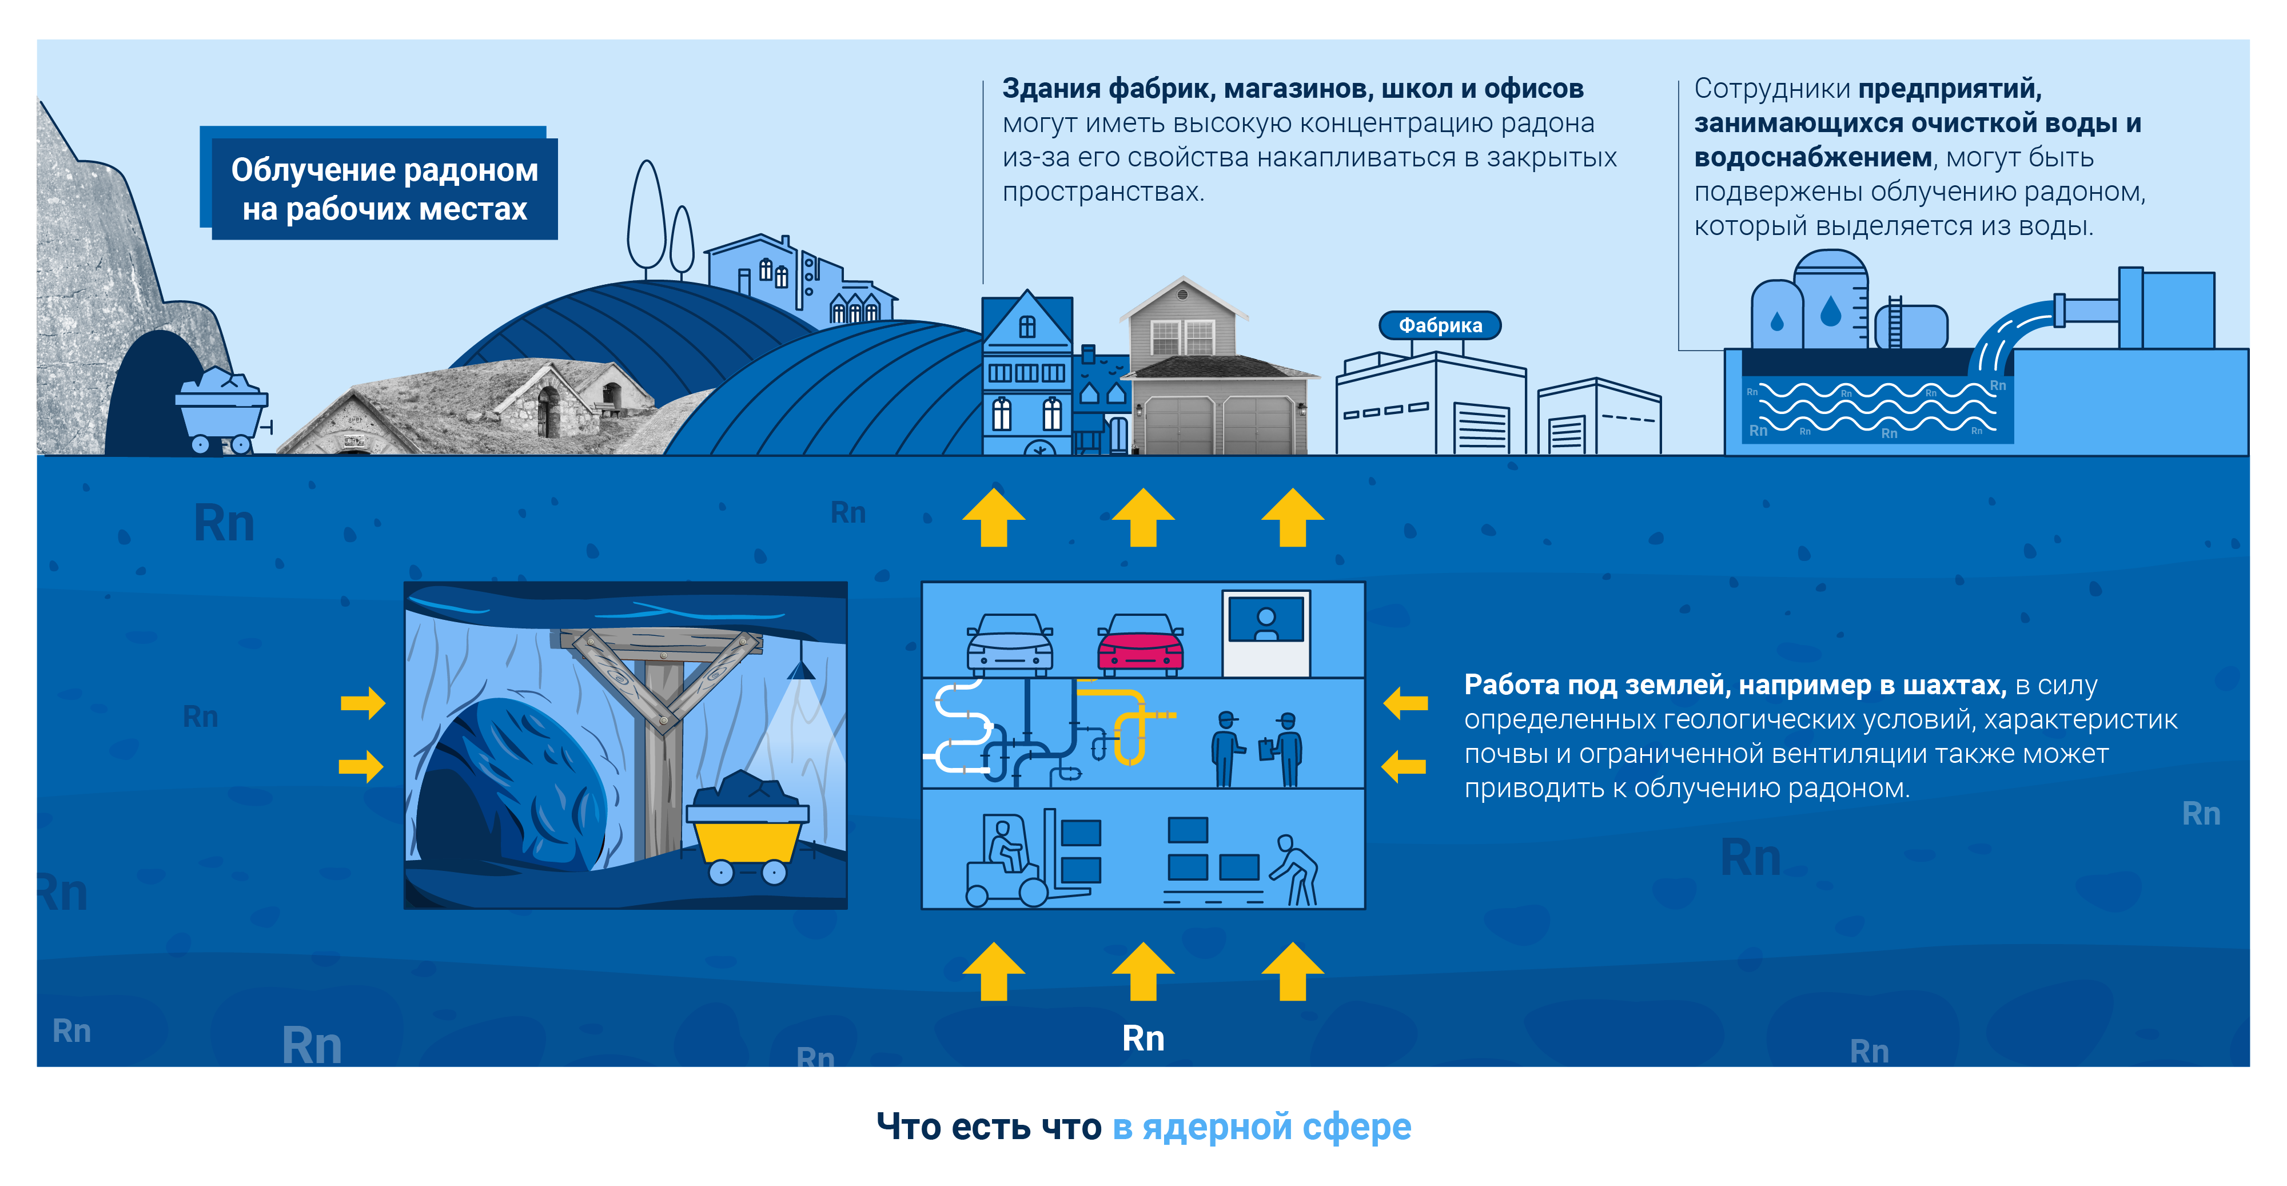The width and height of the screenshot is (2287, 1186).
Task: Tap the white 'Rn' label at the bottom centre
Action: coord(1142,1038)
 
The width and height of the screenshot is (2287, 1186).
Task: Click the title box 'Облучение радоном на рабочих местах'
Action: coord(384,188)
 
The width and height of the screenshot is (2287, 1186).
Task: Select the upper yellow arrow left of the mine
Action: coord(362,703)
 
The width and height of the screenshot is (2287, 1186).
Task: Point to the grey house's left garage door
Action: coord(1179,425)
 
